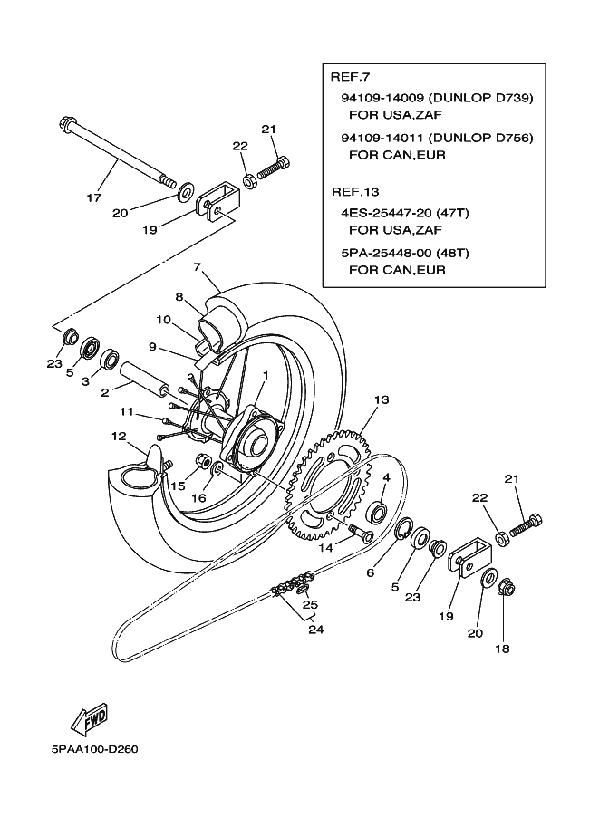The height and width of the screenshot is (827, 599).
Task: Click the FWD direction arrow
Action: click(x=89, y=719)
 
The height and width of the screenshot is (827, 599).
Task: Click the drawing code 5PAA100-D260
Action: click(x=94, y=749)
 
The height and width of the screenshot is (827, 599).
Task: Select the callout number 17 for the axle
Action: click(x=94, y=197)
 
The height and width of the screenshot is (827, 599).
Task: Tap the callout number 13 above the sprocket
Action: click(x=382, y=399)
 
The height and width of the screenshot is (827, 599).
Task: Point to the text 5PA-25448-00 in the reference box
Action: click(x=382, y=253)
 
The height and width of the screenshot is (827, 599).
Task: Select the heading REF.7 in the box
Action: click(x=350, y=76)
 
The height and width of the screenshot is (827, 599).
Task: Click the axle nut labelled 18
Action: click(x=507, y=589)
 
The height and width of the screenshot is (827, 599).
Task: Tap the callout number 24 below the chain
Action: click(x=315, y=630)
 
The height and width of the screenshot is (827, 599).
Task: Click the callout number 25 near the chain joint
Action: click(x=310, y=604)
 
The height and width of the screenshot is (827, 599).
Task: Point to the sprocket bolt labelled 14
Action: click(x=360, y=532)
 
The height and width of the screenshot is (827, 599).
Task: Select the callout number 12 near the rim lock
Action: click(x=120, y=437)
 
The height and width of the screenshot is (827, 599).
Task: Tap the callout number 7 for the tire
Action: click(x=198, y=267)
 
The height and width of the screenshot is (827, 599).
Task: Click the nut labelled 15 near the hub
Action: click(x=203, y=461)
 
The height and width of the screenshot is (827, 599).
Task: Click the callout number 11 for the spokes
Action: click(x=127, y=411)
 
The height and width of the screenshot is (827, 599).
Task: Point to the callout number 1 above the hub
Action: click(x=266, y=375)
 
